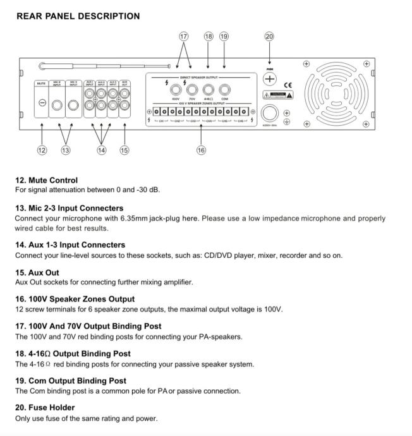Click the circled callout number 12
coord(42,150)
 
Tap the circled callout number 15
coord(124,150)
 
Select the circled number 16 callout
coord(201,150)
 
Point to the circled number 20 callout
coord(270,37)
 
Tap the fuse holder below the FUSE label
coord(270,79)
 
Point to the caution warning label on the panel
coord(277,95)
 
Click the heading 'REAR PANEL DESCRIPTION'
coord(78,16)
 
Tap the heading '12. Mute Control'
coord(46,180)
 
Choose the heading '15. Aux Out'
coord(38,272)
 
